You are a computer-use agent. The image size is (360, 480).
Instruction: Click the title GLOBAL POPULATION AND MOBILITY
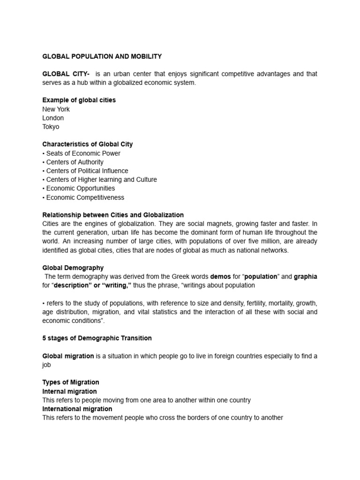click(102, 56)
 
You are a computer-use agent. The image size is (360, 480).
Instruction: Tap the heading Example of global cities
click(79, 100)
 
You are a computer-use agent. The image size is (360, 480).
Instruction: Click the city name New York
click(56, 109)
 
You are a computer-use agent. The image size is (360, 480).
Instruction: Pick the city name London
click(53, 118)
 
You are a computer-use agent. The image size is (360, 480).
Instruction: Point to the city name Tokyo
click(51, 127)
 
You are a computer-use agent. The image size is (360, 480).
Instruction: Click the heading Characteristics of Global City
click(87, 144)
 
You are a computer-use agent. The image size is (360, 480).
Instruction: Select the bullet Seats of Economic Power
click(81, 153)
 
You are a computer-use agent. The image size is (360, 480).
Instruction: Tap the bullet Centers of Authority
click(73, 162)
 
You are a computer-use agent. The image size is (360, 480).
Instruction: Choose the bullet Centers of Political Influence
click(85, 171)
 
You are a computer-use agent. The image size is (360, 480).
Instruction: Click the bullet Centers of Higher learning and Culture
click(99, 180)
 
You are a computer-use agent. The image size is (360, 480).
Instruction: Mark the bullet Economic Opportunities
click(78, 188)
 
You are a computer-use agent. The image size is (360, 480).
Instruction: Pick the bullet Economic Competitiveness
click(83, 197)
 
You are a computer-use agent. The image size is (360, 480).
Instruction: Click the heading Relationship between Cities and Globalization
click(113, 215)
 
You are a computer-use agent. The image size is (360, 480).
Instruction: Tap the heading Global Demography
click(73, 268)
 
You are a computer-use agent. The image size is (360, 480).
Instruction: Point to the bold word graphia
click(305, 277)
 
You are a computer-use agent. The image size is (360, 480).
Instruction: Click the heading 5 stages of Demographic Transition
click(97, 338)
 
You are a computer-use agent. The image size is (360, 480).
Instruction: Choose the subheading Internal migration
click(69, 391)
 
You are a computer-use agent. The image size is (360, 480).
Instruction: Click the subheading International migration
click(77, 409)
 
